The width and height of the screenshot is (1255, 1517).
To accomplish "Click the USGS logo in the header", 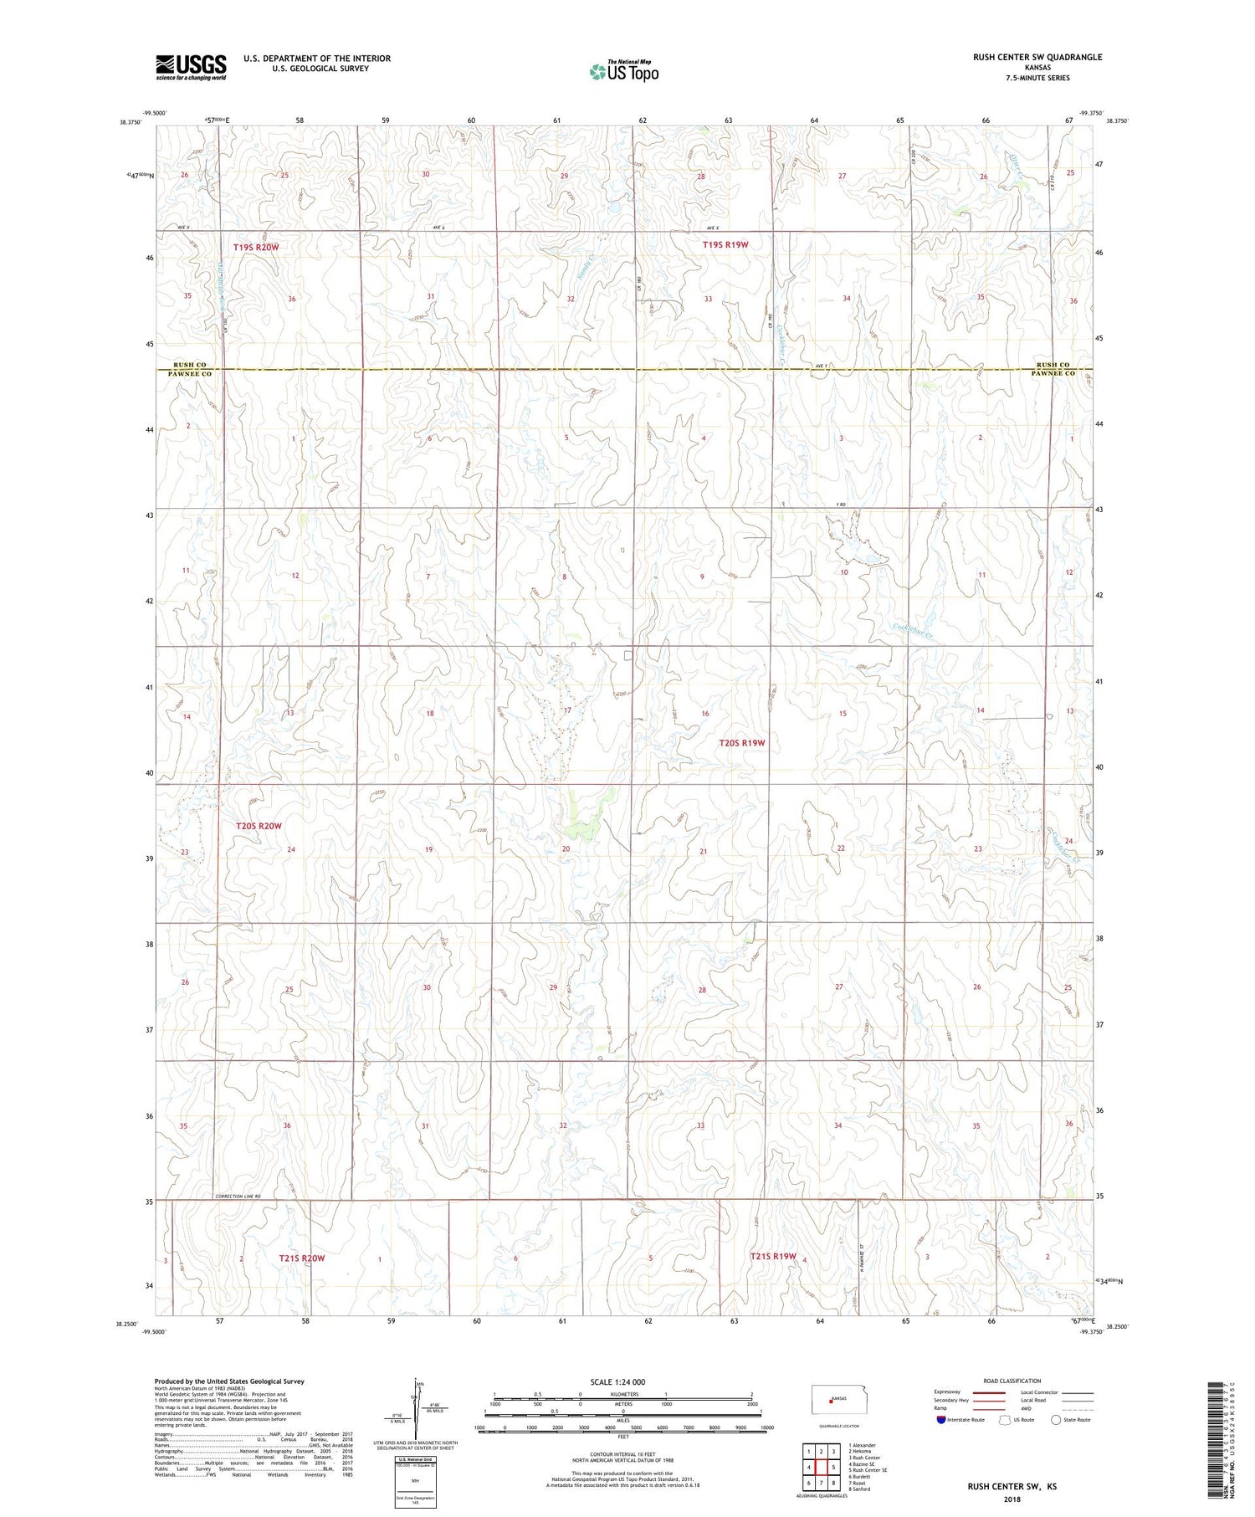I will pyautogui.click(x=191, y=67).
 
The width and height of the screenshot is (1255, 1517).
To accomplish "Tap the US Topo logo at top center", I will pyautogui.click(x=623, y=71).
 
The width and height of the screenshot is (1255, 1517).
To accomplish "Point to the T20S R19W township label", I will pyautogui.click(x=742, y=743).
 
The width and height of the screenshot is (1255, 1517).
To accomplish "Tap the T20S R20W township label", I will pyautogui.click(x=259, y=826).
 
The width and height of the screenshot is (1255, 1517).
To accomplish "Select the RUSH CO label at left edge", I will pyautogui.click(x=190, y=365).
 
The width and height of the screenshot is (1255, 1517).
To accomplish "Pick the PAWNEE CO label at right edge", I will pyautogui.click(x=1052, y=373).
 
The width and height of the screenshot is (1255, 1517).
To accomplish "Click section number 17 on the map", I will pyautogui.click(x=566, y=710).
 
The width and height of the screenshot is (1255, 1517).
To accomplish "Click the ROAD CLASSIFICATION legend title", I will pyautogui.click(x=1012, y=1381).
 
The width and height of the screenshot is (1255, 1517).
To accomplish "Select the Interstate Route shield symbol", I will pyautogui.click(x=943, y=1420).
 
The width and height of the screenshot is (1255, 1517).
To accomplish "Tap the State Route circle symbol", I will pyautogui.click(x=1056, y=1420).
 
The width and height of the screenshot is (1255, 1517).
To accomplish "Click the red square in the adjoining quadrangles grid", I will pyautogui.click(x=821, y=1467).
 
